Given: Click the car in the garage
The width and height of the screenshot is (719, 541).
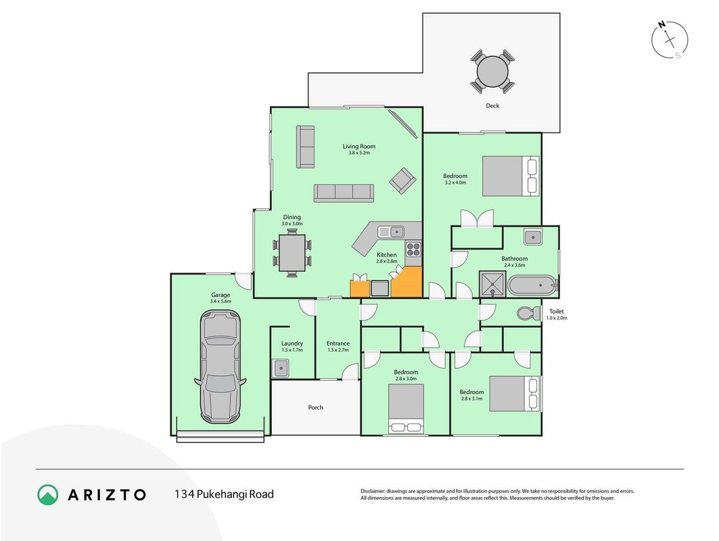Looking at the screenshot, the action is pyautogui.click(x=220, y=367).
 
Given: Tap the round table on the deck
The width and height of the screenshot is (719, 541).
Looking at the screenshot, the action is pyautogui.click(x=492, y=72).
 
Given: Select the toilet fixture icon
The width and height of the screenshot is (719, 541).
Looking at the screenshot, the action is pyautogui.click(x=529, y=314).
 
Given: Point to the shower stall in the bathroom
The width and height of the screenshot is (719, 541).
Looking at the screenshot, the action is pyautogui.click(x=492, y=284).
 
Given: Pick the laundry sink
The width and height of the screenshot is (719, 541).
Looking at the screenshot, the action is pyautogui.click(x=280, y=368).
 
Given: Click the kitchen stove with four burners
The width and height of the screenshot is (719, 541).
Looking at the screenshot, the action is pyautogui.click(x=413, y=249).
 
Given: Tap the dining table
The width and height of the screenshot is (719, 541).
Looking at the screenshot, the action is pyautogui.click(x=292, y=253).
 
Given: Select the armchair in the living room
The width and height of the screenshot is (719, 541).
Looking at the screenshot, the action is pyautogui.click(x=402, y=180).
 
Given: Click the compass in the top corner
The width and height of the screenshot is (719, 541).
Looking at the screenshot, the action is pyautogui.click(x=670, y=40).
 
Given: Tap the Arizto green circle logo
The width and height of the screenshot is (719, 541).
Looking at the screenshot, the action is pyautogui.click(x=48, y=495).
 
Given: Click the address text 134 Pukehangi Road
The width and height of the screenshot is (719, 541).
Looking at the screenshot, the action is pyautogui.click(x=224, y=494).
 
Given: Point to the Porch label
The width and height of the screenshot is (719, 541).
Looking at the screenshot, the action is pyautogui.click(x=315, y=407).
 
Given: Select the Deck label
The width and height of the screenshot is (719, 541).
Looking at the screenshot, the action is pyautogui.click(x=492, y=105).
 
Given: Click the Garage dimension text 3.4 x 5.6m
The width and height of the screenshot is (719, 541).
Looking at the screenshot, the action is pyautogui.click(x=221, y=301).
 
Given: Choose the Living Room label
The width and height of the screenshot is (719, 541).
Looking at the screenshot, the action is pyautogui.click(x=359, y=146).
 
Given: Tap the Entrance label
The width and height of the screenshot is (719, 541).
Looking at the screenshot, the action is pyautogui.click(x=338, y=343).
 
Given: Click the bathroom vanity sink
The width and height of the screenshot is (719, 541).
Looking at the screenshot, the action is pyautogui.click(x=533, y=237).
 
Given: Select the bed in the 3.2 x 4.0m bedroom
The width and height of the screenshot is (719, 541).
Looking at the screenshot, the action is pyautogui.click(x=511, y=176).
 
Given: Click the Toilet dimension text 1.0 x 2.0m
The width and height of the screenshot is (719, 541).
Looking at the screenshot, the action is pyautogui.click(x=557, y=318).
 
